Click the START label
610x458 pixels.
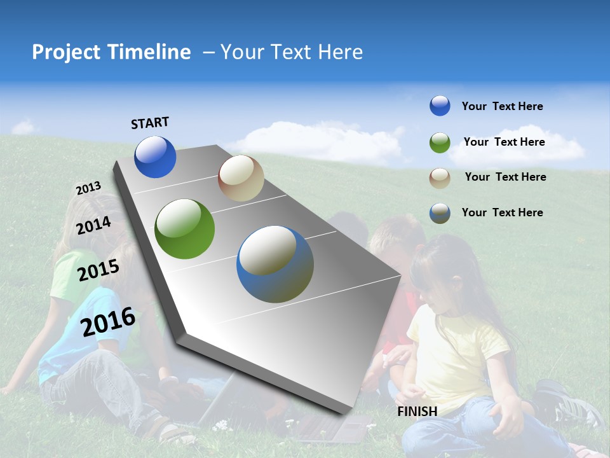pyautogui.click(x=150, y=123)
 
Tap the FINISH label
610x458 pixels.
pyautogui.click(x=417, y=412)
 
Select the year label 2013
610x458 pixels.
pyautogui.click(x=88, y=188)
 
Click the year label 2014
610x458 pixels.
pyautogui.click(x=93, y=225)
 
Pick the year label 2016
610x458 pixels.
pyautogui.click(x=108, y=321)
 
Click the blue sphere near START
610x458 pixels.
pyautogui.click(x=155, y=156)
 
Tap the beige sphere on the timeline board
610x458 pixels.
pyautogui.click(x=241, y=178)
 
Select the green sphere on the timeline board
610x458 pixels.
pyautogui.click(x=185, y=229)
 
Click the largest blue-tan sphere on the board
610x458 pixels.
pyautogui.click(x=275, y=264)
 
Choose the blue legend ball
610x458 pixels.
pyautogui.click(x=440, y=106)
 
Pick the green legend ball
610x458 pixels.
pyautogui.click(x=440, y=142)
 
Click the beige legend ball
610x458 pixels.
pyautogui.click(x=440, y=177)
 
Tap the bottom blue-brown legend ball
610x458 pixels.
pyautogui.click(x=440, y=213)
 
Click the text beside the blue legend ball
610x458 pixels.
pyautogui.click(x=502, y=106)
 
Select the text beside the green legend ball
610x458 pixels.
pyautogui.click(x=504, y=142)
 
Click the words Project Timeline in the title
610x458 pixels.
pyautogui.click(x=111, y=52)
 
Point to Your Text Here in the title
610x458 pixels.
pyautogui.click(x=292, y=52)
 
